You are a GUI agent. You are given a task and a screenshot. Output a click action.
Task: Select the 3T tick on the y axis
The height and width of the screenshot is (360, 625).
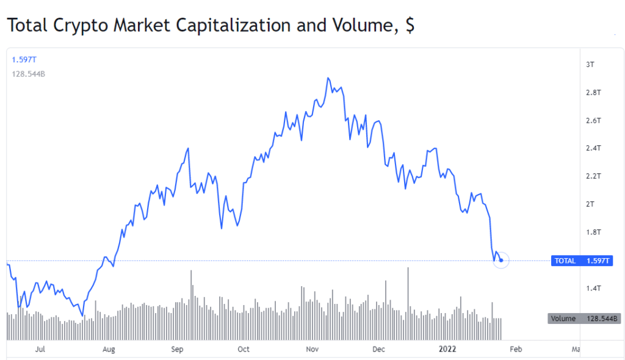[591, 65]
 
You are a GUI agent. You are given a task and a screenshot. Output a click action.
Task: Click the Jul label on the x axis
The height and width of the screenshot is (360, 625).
[41, 350]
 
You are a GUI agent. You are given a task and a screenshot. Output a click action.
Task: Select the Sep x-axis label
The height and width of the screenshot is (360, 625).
[177, 350]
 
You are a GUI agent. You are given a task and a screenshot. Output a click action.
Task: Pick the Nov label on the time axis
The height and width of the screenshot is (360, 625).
[312, 350]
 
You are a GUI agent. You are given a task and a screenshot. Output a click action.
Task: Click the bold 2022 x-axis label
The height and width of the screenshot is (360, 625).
[449, 350]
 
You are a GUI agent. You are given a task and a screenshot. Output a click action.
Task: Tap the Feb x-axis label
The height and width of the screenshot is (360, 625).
[516, 350]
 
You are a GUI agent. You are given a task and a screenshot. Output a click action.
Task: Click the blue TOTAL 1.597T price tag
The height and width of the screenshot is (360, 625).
[581, 261]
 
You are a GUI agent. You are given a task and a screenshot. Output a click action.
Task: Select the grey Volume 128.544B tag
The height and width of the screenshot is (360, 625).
[584, 319]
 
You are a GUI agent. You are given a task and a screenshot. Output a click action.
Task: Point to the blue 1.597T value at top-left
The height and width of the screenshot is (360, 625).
[24, 59]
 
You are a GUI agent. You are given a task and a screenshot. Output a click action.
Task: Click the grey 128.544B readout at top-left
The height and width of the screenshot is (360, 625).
[29, 74]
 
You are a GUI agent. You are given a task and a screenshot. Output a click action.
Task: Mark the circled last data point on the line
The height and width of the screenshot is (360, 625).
[500, 261]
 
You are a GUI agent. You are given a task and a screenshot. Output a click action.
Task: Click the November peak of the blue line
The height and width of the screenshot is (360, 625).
[328, 78]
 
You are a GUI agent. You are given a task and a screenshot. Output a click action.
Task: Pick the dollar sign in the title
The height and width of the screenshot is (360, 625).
[410, 26]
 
